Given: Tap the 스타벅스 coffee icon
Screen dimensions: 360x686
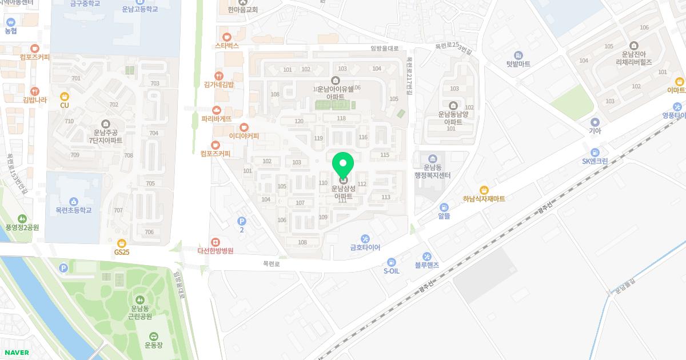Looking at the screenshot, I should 227,37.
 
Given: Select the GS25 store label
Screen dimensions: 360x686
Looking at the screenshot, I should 121,251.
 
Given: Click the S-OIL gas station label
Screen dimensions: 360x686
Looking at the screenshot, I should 391,271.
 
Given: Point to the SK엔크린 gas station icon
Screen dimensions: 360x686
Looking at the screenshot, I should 595,152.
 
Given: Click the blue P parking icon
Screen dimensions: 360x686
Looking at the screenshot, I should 241,221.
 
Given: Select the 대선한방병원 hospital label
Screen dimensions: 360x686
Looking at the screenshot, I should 215,250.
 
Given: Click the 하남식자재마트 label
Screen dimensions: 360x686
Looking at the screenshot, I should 484,199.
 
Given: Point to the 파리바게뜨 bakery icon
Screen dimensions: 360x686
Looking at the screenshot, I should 216,110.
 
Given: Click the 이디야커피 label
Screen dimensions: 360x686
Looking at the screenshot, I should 244,136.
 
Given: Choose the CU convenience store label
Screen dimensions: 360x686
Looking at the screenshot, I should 65,105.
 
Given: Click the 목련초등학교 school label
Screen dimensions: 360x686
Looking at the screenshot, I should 73,210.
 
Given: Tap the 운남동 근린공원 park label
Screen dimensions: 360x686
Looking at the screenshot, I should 140,312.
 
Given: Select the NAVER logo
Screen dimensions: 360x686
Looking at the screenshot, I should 16,353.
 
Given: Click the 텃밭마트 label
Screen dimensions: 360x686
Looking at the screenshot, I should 518,64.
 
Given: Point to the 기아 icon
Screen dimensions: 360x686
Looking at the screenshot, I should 595,122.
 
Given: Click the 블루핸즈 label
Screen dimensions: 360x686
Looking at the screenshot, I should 426,265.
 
